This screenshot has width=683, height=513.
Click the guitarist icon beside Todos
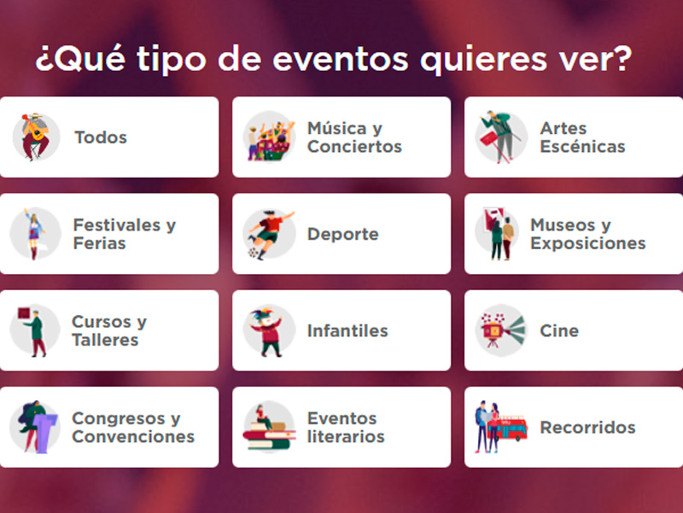(36, 137)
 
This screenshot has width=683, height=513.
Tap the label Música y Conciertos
(354, 137)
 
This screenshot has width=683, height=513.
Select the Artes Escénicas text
(582, 137)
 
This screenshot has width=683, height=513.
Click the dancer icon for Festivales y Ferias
(35, 234)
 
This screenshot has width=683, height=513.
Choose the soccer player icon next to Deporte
(270, 234)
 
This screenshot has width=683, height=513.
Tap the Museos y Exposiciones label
(587, 234)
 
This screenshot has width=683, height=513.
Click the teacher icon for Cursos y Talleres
(34, 331)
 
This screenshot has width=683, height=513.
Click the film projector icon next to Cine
(502, 330)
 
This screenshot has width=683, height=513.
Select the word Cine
(559, 330)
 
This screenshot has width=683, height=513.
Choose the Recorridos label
(587, 427)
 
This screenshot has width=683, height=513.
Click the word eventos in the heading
(341, 59)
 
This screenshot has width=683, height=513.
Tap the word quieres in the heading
(483, 60)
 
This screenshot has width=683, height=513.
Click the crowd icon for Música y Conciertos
(269, 137)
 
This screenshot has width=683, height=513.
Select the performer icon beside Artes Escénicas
(501, 137)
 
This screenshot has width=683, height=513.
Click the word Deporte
(343, 234)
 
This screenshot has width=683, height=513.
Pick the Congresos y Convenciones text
(133, 427)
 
